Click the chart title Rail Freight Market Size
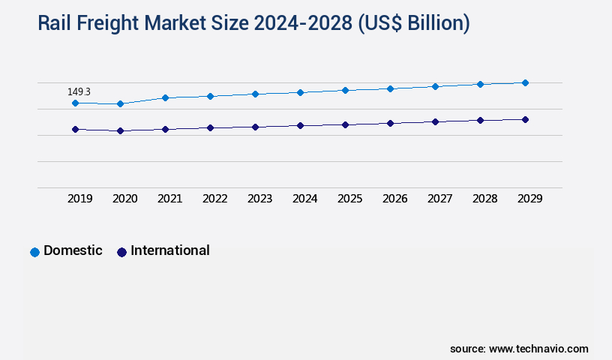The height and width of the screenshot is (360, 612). (x=253, y=24)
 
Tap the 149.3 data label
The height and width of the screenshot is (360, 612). (x=79, y=91)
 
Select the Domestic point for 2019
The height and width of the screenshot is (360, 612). (x=75, y=103)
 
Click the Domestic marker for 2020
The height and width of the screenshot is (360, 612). (x=120, y=103)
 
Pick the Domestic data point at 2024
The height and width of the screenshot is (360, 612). (x=300, y=92)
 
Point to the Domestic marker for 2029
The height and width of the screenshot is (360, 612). (x=525, y=82)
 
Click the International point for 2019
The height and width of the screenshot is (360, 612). (x=75, y=129)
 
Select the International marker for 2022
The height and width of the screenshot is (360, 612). (x=210, y=127)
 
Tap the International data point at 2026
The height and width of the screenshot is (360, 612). (x=390, y=123)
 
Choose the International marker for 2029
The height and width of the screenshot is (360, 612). (x=525, y=119)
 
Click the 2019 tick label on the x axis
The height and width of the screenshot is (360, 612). (x=80, y=199)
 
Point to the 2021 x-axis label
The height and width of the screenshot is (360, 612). (x=170, y=199)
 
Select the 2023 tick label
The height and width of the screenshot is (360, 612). (x=260, y=199)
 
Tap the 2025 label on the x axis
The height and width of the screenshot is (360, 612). (x=350, y=199)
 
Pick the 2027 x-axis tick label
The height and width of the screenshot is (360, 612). (x=440, y=199)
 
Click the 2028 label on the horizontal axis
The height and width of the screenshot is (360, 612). (x=485, y=199)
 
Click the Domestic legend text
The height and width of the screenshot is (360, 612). (x=73, y=250)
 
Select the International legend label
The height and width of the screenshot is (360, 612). (x=170, y=250)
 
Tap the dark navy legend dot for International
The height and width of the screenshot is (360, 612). (x=121, y=252)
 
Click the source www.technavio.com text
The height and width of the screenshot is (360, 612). (x=519, y=349)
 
